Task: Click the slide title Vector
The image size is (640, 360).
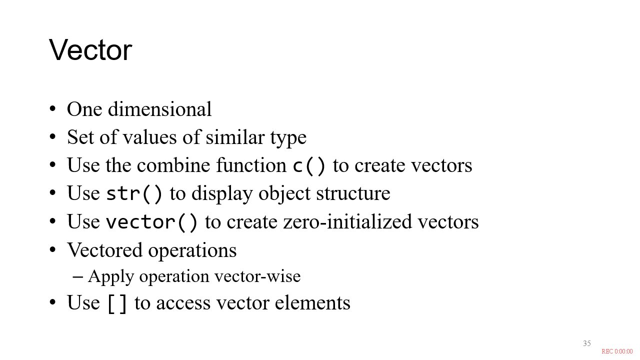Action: coord(90,50)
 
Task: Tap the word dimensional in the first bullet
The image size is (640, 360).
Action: coord(159,109)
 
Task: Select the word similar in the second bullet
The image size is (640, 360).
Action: coord(235,137)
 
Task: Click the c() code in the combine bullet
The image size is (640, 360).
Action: coord(309,165)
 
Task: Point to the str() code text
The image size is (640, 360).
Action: coord(134,193)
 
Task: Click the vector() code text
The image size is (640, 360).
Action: coord(151,222)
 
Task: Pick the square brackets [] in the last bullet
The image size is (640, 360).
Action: coord(117,303)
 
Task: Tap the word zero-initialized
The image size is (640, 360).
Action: coord(347,221)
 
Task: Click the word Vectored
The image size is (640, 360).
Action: coord(104,250)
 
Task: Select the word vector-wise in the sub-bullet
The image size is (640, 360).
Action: coord(257,276)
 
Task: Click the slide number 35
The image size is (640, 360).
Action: coord(587,343)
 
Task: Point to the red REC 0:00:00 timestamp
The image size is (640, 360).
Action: coord(617,351)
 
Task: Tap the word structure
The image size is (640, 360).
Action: coord(353,193)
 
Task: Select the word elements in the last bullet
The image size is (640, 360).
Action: coord(312,303)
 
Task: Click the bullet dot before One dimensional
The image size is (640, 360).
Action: coord(52,109)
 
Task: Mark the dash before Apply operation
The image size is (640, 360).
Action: coord(77,276)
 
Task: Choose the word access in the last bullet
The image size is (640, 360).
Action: coord(183,303)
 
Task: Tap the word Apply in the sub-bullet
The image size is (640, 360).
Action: coord(111,277)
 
